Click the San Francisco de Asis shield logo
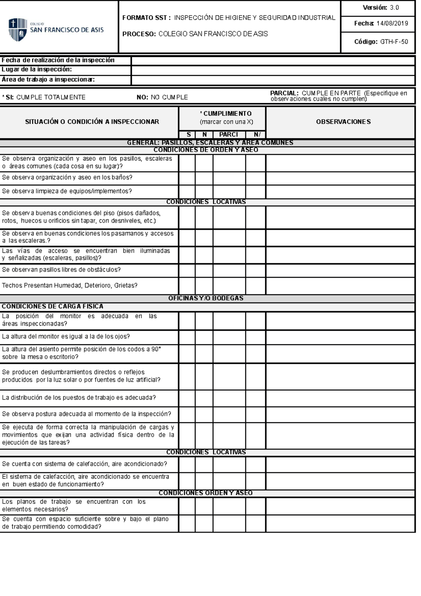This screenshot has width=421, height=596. (x=18, y=29)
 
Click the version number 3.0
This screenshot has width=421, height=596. (x=394, y=8)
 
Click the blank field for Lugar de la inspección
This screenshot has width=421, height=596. (x=273, y=70)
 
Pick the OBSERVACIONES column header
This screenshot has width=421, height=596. (x=343, y=122)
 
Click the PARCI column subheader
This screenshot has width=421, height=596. (x=229, y=135)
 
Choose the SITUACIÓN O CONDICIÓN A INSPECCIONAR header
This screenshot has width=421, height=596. (x=92, y=122)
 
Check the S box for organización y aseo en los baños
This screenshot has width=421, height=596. (x=187, y=178)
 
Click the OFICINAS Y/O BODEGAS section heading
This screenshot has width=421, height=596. (x=206, y=298)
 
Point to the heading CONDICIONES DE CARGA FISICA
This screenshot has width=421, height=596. (x=53, y=306)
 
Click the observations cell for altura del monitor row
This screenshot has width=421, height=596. (x=340, y=337)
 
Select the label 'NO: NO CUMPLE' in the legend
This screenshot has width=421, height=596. (x=162, y=98)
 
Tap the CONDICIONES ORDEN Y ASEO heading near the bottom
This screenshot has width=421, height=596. (x=206, y=493)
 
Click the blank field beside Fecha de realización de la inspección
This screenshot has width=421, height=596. (x=273, y=61)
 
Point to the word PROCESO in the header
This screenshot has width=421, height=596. (x=139, y=34)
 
